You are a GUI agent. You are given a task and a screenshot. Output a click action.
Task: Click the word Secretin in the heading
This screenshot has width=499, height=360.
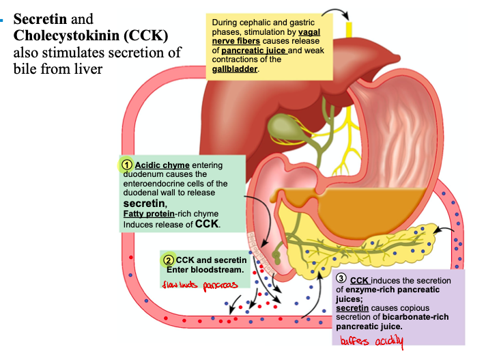pos(40,18)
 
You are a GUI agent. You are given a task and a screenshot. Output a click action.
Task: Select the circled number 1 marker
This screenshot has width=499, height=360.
pos(126,165)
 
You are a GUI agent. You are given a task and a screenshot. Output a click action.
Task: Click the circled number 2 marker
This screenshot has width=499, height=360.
pos(168,260)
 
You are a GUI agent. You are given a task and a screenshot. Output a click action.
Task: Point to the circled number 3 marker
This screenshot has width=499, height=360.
pos(341,280)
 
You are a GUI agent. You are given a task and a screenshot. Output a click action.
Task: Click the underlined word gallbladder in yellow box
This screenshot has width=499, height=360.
pos(235,68)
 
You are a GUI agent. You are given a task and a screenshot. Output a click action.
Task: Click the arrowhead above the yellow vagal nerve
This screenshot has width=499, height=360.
pos(347,18)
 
